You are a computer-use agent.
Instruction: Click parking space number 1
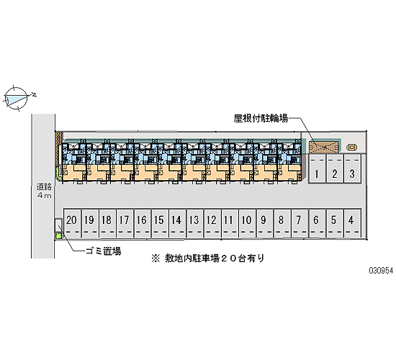click(x=318, y=168)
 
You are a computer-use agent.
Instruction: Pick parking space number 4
click(x=352, y=223)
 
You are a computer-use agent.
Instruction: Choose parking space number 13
click(x=194, y=223)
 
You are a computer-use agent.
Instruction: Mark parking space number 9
click(x=265, y=223)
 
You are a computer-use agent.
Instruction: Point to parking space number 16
click(x=142, y=223)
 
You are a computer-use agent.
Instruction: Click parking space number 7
click(x=300, y=223)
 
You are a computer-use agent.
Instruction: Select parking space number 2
click(x=335, y=168)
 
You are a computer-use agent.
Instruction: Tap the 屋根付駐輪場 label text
click(x=261, y=118)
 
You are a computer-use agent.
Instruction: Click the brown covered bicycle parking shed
click(x=323, y=147)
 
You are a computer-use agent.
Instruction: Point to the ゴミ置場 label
click(x=104, y=251)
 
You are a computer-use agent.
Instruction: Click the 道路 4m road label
click(x=44, y=191)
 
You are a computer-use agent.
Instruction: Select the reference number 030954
click(x=381, y=271)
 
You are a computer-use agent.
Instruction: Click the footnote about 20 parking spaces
click(x=208, y=258)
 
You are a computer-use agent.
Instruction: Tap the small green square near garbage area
click(x=59, y=236)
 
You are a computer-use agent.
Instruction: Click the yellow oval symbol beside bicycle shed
click(x=352, y=147)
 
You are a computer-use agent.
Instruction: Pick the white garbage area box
click(x=58, y=225)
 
